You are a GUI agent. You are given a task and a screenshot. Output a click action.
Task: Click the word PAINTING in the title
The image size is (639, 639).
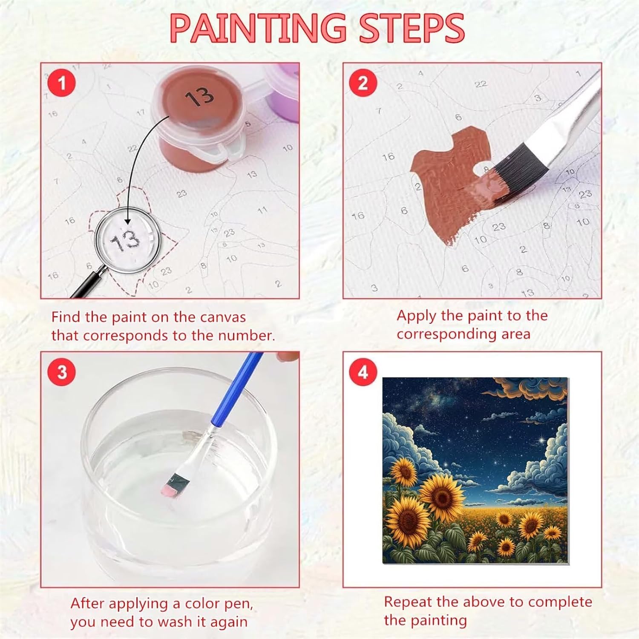click(x=258, y=28)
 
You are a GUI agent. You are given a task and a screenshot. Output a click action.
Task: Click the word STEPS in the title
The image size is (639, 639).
click(x=412, y=28)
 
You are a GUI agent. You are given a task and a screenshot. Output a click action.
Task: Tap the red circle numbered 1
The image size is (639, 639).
click(x=62, y=82)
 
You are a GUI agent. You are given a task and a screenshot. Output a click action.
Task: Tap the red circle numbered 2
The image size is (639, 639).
click(x=363, y=82)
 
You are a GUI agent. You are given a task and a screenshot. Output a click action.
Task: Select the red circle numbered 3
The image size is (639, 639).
click(x=62, y=372)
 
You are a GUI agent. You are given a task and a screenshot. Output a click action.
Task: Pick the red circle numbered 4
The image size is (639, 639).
click(x=363, y=372)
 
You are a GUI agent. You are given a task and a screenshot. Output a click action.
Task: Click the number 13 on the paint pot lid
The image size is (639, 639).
click(x=199, y=97)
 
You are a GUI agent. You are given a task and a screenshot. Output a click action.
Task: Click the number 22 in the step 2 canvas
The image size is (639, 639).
click(x=481, y=84)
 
